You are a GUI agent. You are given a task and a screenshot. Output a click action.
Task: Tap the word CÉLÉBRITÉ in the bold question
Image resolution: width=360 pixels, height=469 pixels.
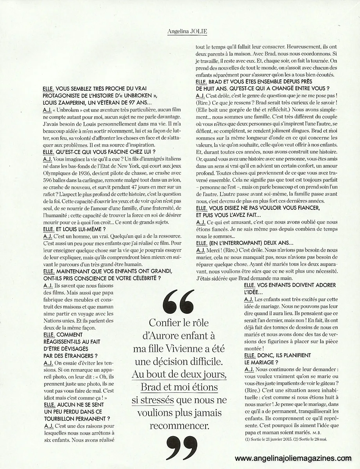(x=135, y=278)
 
